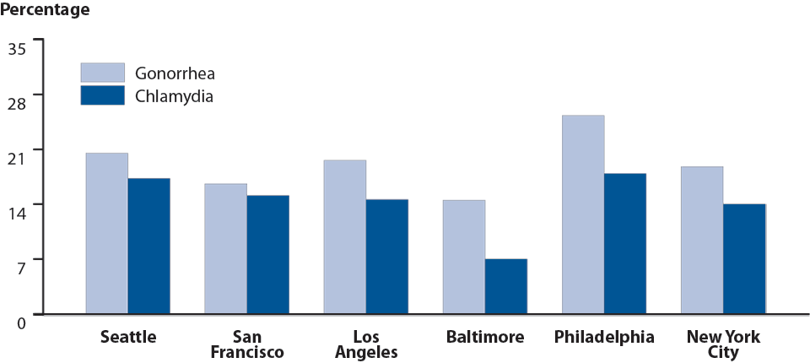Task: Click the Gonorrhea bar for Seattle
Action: tap(107, 234)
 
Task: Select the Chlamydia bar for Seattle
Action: tap(149, 247)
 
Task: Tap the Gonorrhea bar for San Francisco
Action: tap(226, 249)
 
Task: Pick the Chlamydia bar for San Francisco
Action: tap(268, 255)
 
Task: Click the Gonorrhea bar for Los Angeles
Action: tap(345, 237)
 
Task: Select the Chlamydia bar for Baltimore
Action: tap(506, 287)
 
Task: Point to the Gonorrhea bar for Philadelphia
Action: tap(583, 215)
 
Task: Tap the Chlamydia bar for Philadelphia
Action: tap(625, 244)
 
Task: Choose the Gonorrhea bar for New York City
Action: tap(702, 241)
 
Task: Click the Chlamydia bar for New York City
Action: tap(744, 259)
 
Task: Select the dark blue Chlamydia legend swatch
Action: tap(102, 95)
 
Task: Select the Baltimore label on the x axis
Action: tap(485, 338)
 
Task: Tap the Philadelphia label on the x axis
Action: tap(604, 338)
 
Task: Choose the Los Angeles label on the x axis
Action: tap(366, 344)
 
